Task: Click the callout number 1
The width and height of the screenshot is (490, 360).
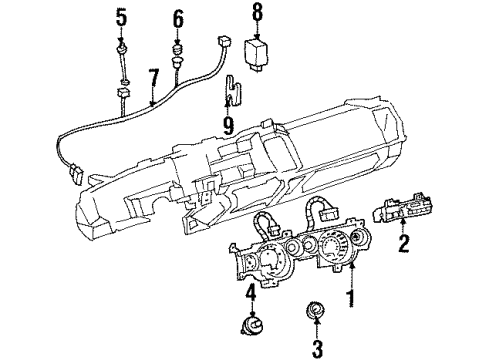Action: tap(349, 299)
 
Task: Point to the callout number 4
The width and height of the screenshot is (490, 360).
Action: tap(251, 293)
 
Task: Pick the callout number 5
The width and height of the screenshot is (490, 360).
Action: tap(122, 17)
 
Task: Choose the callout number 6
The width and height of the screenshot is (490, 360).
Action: tap(179, 17)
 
